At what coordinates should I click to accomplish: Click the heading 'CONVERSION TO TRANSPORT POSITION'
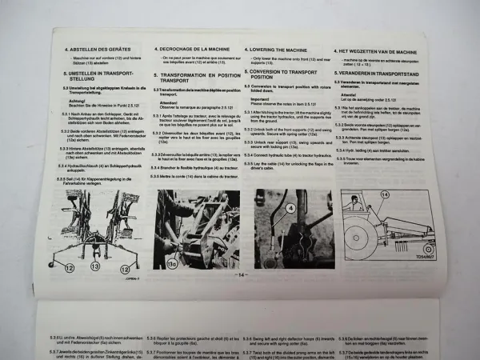coord(287,72)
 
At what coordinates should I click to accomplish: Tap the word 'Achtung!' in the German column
coord(78,102)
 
